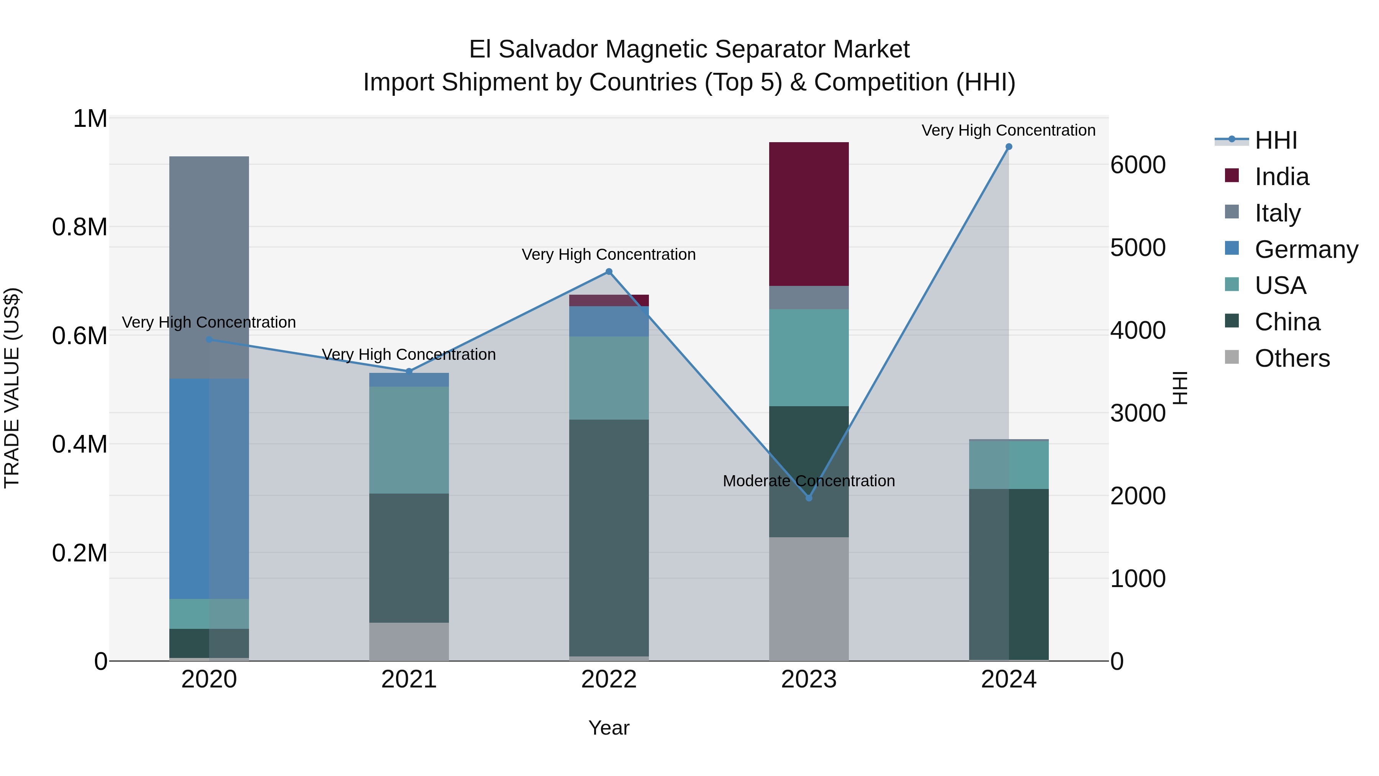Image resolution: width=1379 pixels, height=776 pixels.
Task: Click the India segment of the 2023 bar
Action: [x=808, y=214]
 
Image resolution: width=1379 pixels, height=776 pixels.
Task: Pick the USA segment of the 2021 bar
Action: [x=409, y=440]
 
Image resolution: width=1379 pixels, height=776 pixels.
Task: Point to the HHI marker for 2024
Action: [x=1009, y=147]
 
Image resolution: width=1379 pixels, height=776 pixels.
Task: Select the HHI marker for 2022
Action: [x=609, y=272]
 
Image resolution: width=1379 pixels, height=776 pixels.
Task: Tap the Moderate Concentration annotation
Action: [x=808, y=481]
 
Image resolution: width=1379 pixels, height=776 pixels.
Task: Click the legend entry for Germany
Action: [x=1306, y=249]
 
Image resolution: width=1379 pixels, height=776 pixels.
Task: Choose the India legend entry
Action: [x=1282, y=177]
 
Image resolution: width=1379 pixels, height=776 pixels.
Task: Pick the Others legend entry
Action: [x=1292, y=358]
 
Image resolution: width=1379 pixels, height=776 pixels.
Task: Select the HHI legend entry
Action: [x=1276, y=140]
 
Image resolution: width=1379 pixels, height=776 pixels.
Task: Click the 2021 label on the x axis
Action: [x=409, y=679]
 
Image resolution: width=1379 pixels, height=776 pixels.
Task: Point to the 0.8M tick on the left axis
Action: [x=80, y=227]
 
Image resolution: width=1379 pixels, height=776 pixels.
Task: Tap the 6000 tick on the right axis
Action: [x=1138, y=165]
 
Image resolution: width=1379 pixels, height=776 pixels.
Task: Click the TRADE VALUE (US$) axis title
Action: [x=12, y=388]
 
